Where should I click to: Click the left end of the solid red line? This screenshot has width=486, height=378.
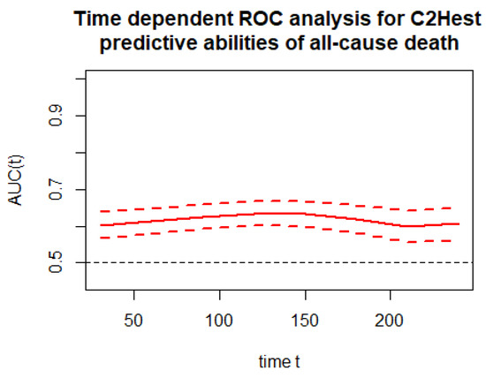pyautogui.click(x=102, y=225)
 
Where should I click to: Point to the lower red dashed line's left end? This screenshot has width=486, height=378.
pyautogui.click(x=102, y=238)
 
